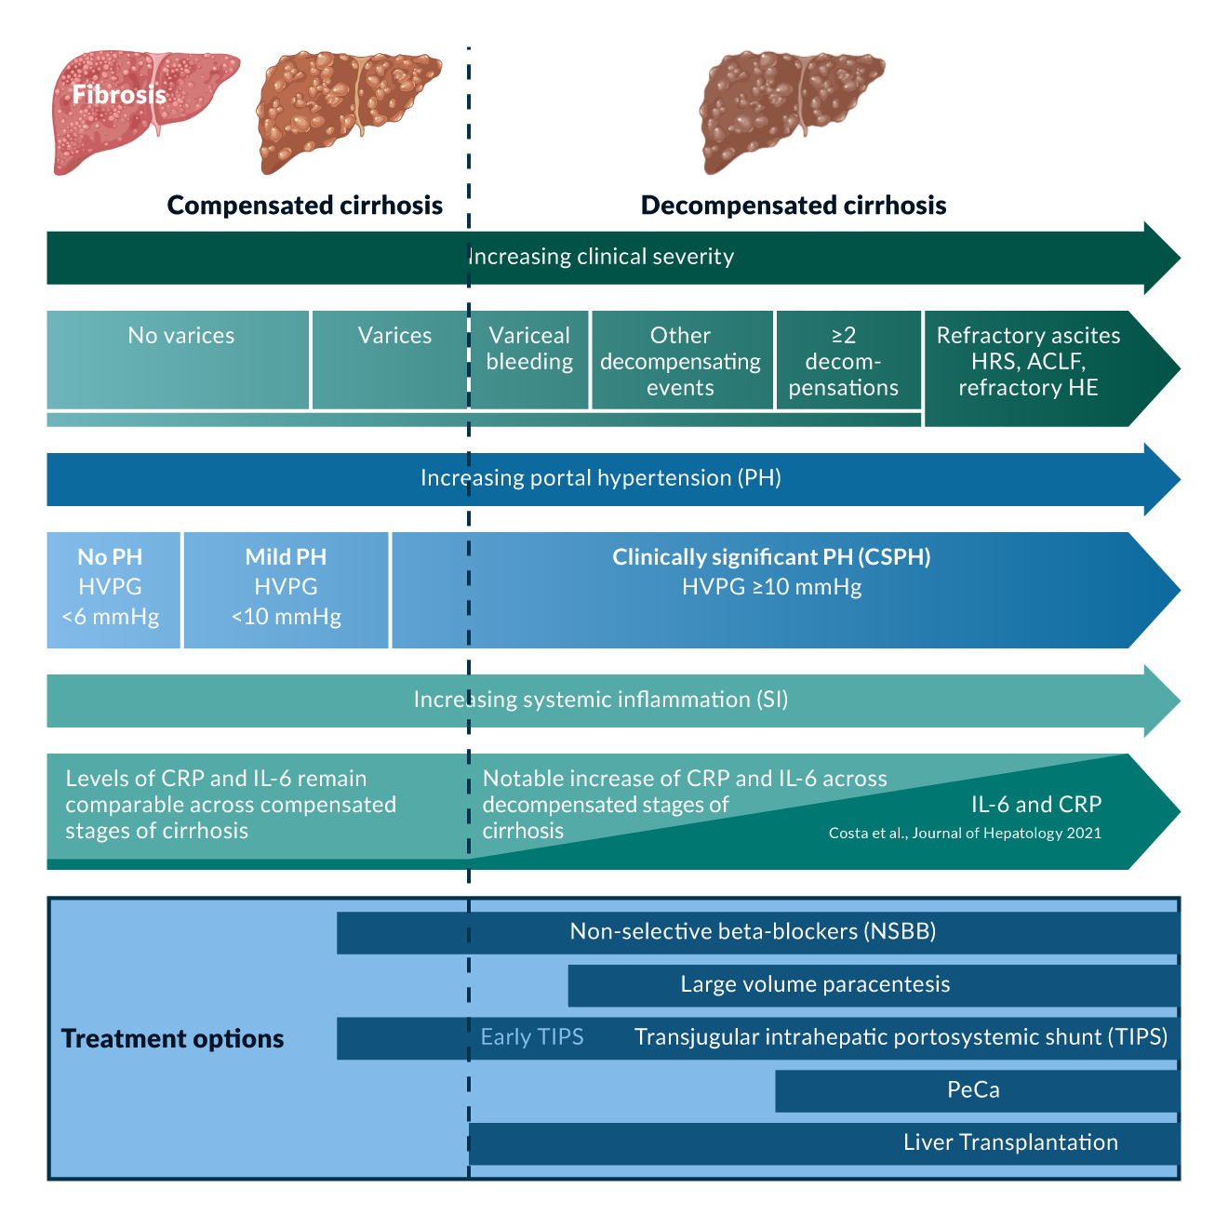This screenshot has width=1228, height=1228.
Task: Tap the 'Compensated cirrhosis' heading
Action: (x=304, y=206)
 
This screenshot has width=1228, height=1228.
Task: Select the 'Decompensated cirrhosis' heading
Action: (x=794, y=206)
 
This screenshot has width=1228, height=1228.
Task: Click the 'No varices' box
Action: (x=180, y=359)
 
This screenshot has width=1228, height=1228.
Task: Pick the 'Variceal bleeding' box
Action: (x=529, y=359)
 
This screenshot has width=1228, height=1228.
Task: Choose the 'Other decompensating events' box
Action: (x=680, y=361)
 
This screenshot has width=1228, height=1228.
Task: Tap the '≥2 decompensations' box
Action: (x=844, y=361)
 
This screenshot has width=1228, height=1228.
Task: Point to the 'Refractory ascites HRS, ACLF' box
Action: (x=1028, y=363)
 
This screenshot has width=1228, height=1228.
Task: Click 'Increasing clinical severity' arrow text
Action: (x=601, y=257)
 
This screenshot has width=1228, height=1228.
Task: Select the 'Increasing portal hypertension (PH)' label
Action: (x=601, y=478)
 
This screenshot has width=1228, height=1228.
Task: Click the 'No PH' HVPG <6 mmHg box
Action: (x=111, y=588)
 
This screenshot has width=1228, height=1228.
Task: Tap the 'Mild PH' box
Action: (x=286, y=588)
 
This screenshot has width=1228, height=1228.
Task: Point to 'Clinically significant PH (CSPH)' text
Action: (x=771, y=557)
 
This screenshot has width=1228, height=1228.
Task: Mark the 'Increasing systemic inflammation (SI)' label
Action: (x=601, y=700)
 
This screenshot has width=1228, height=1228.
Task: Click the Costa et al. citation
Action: (x=965, y=834)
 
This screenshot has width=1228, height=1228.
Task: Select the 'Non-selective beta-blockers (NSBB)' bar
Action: (x=753, y=932)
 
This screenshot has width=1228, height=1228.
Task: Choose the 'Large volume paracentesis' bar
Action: (x=815, y=985)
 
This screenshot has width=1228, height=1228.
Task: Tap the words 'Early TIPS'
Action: (x=532, y=1037)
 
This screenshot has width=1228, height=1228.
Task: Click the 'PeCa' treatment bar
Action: (x=973, y=1090)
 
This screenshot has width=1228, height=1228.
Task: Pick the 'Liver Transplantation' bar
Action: (x=1010, y=1143)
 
